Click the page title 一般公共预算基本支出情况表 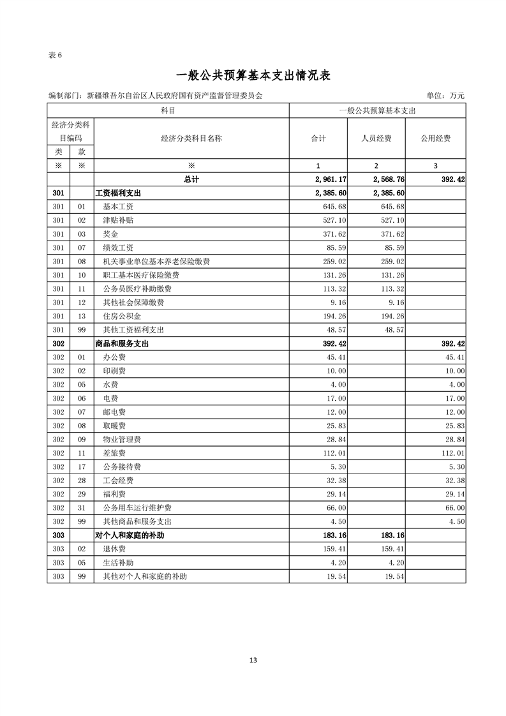point(253,75)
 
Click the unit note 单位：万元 point(445,96)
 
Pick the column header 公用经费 point(436,138)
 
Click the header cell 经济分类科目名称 point(191,138)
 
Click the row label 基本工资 point(118,207)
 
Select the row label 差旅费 point(114,453)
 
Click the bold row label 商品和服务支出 point(123,343)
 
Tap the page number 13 point(253,660)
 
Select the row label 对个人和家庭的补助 point(130,535)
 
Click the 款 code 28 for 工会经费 point(81,481)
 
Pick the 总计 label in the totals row point(191,180)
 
